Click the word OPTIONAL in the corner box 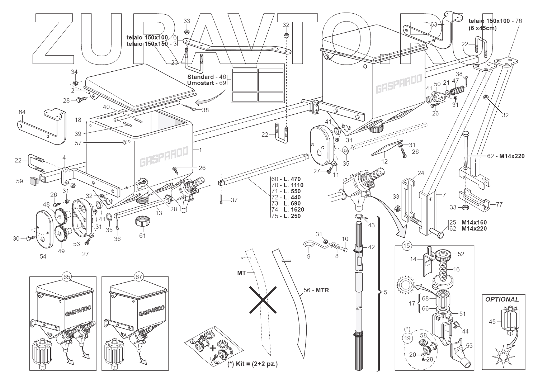tap(502, 299)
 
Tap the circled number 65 tap(66, 277)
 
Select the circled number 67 tap(138, 277)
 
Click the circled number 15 tap(407, 246)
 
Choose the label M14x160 tap(474, 222)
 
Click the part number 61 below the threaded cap tap(143, 235)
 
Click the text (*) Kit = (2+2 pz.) tap(253, 364)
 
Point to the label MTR tap(322, 290)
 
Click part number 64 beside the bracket tap(22, 112)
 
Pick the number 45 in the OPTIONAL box tap(492, 322)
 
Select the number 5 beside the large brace tap(386, 292)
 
